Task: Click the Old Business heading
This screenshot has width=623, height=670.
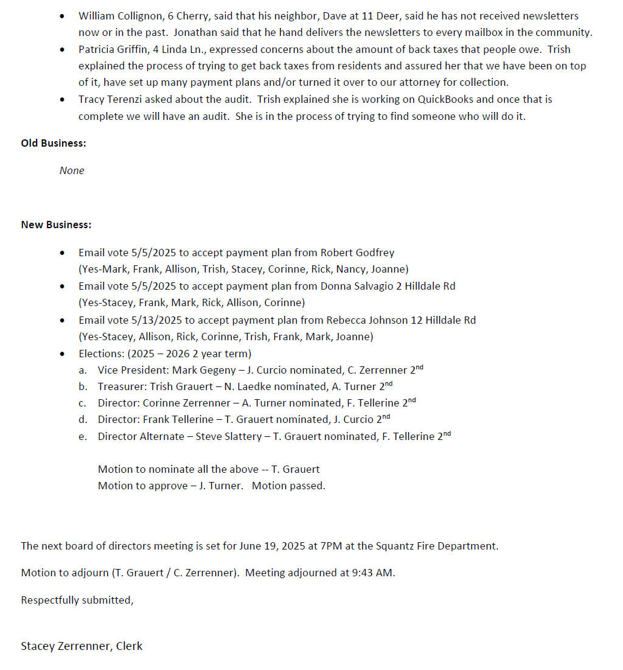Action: coord(54,143)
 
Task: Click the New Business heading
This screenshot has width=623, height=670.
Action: coord(56,225)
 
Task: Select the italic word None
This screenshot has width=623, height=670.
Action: coord(72,170)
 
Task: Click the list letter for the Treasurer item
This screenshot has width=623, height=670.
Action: coord(83,386)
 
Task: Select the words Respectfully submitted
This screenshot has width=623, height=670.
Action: coord(77,600)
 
